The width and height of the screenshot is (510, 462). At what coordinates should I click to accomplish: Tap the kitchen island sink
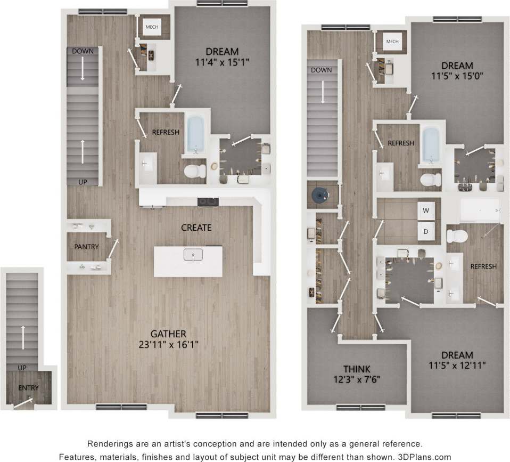[193, 255]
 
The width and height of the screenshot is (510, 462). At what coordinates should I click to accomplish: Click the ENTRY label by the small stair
[28, 388]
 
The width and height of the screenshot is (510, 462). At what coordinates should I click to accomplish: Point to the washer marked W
[425, 210]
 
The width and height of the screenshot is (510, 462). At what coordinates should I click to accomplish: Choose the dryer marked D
[425, 232]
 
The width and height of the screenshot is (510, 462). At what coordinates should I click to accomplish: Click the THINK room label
[357, 369]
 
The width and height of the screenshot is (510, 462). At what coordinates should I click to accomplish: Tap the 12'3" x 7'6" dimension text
[357, 379]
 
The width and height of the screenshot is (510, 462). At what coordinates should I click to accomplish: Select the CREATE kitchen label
[196, 228]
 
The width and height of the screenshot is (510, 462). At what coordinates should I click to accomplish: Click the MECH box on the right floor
[392, 42]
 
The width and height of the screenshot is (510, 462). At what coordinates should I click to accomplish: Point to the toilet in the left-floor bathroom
[194, 171]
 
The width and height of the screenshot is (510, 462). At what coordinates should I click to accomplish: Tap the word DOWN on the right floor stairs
[321, 70]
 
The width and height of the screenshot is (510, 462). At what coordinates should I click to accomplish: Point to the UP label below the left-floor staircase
[83, 182]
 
